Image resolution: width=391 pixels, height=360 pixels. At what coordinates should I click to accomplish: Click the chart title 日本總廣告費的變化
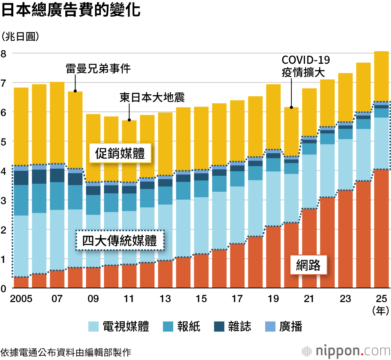[x=71, y=11]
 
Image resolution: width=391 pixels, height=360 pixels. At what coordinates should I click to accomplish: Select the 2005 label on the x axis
[x=21, y=299]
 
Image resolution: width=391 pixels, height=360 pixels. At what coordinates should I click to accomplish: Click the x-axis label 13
[x=165, y=299]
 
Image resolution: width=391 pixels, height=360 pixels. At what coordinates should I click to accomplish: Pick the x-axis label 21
[x=309, y=299]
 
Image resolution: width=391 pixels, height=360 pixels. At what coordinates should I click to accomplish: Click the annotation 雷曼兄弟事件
[x=98, y=69]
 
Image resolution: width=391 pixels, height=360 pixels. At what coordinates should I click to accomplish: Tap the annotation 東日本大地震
[x=152, y=97]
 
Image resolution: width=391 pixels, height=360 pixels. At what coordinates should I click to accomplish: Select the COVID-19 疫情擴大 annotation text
[x=306, y=66]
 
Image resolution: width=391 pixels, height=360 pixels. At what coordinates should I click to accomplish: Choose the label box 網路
[x=308, y=266]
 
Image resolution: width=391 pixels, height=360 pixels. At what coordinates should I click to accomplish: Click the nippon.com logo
[x=346, y=349]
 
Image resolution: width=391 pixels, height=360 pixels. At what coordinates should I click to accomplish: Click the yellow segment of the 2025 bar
[x=381, y=76]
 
